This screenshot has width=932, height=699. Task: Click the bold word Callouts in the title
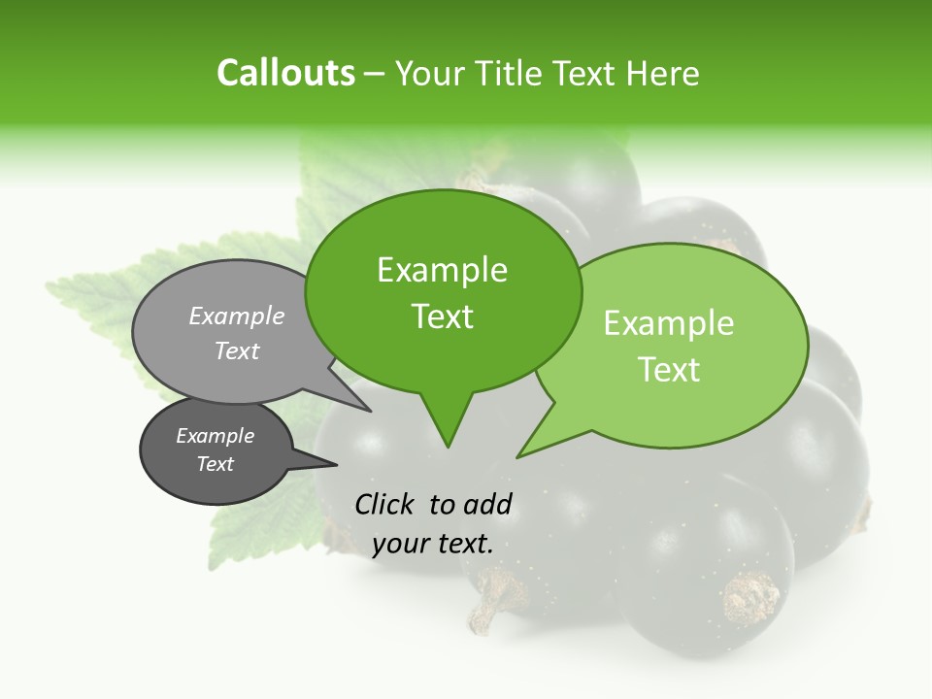tap(285, 73)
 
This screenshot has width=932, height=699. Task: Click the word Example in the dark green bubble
tap(442, 270)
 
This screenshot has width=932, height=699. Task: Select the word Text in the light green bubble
tap(670, 370)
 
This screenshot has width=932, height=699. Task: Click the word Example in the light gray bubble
tap(237, 316)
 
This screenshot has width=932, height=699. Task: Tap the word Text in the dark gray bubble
tap(216, 464)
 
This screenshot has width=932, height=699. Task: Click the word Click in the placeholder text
tap(385, 504)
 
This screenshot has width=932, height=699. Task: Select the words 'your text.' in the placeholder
tap(433, 544)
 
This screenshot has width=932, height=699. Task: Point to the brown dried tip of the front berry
tap(750, 597)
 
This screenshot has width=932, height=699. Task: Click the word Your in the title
tap(431, 74)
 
